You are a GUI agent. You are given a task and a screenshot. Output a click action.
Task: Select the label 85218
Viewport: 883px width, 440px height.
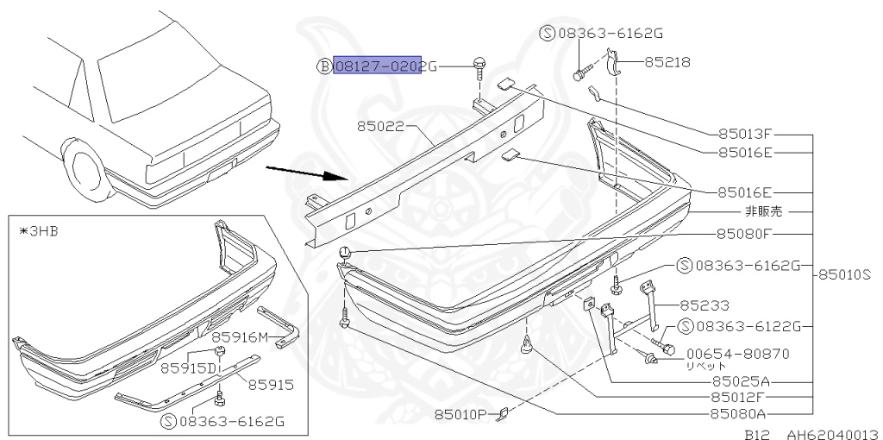tap(661, 62)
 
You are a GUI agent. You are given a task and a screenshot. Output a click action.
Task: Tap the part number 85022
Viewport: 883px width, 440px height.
tap(380, 126)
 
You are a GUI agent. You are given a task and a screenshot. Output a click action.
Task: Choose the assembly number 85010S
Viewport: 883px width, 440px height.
tap(845, 274)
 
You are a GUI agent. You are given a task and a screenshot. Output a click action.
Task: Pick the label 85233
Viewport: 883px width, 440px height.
tap(704, 305)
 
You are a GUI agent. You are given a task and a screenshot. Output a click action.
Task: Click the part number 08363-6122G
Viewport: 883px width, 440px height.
tap(748, 325)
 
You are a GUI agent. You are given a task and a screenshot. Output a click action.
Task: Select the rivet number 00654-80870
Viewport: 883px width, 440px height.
tap(737, 353)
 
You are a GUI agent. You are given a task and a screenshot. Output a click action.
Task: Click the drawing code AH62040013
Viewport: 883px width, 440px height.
tap(829, 434)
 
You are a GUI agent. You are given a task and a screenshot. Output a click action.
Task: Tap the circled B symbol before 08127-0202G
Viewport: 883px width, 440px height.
tap(324, 66)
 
